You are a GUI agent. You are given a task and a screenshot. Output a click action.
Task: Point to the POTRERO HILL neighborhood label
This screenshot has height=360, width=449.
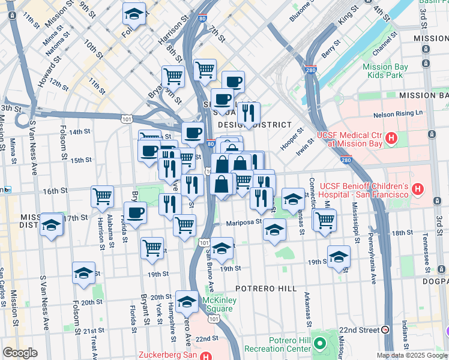point(266,289)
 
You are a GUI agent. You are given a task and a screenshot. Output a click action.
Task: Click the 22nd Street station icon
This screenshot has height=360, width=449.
point(385,330)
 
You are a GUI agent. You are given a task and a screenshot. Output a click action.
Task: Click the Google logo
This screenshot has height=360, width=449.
point(20,353)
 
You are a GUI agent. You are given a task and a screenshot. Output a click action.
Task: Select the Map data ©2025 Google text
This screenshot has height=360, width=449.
point(411,355)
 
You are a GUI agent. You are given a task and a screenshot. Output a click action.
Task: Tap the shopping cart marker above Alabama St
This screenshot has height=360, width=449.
point(102,196)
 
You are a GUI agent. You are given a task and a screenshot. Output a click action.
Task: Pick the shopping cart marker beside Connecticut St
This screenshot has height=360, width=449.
point(325,219)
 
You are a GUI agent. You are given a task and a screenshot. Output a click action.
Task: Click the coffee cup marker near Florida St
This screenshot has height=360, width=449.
point(135,212)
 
